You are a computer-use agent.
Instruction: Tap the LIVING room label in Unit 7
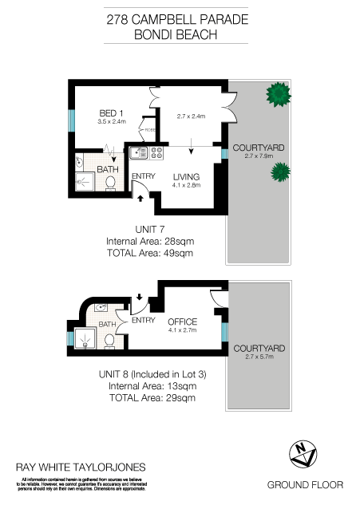186,176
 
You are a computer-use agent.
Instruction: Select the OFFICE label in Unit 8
182,322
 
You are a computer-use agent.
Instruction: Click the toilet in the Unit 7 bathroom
111,183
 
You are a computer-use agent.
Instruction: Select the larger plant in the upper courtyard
278,95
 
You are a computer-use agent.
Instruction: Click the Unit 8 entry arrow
140,298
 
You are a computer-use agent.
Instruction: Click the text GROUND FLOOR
304,484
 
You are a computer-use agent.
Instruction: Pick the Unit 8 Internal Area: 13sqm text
151,386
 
